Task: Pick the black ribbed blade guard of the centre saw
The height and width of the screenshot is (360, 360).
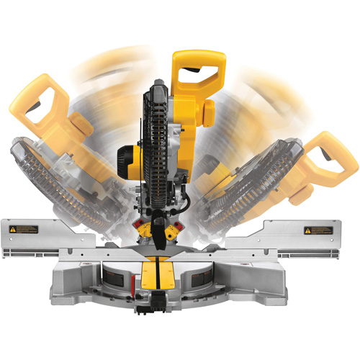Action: point(159,144)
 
